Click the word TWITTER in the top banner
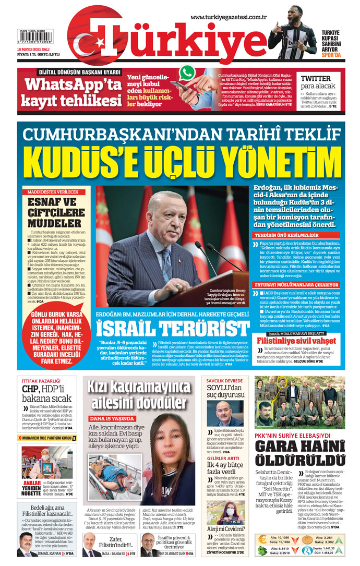316,79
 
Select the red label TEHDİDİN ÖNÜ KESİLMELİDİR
296,235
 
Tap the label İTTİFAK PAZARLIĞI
41,381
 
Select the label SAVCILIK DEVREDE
224,381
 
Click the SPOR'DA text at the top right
331,54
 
